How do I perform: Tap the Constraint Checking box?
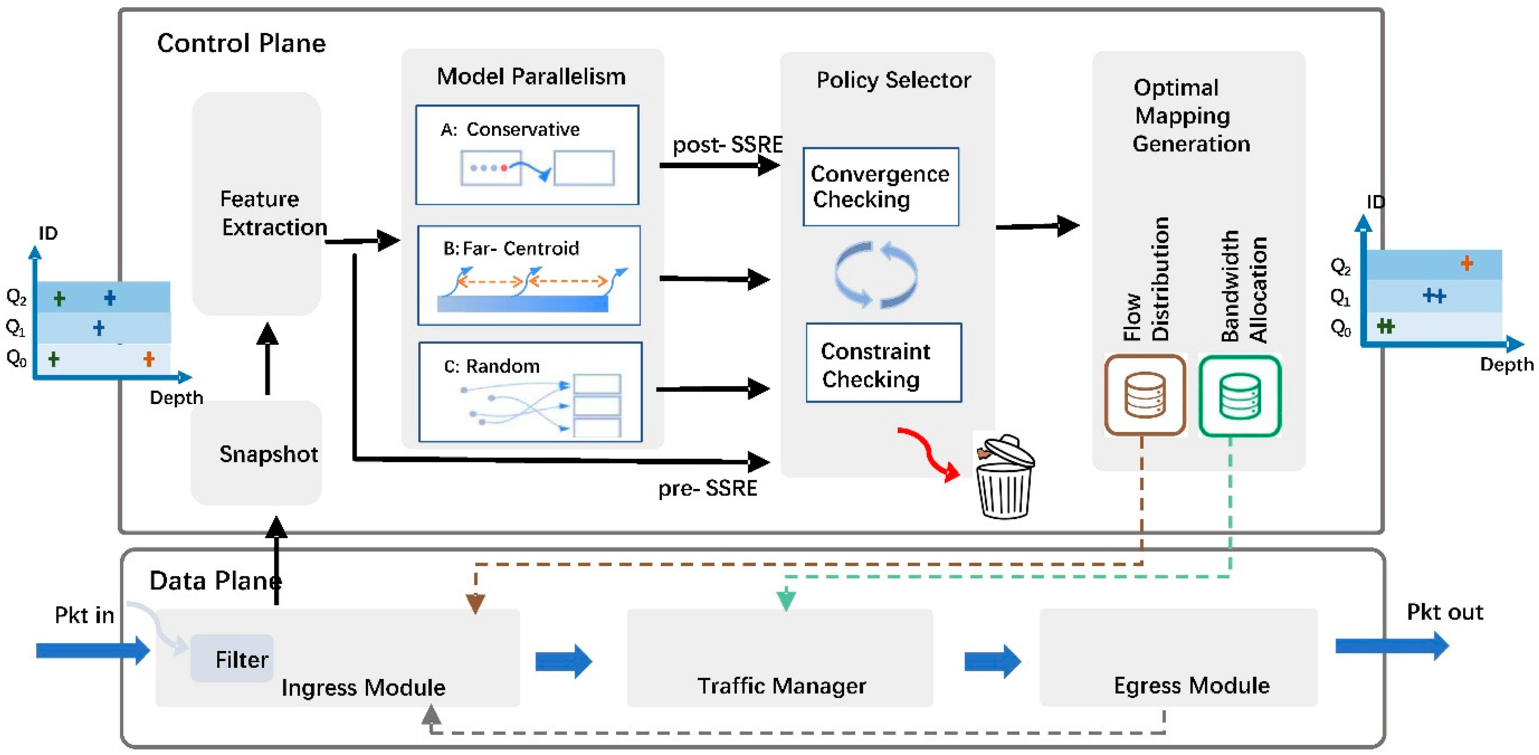click(883, 363)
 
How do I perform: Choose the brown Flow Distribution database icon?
click(1144, 395)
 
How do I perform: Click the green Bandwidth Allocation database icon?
click(1240, 396)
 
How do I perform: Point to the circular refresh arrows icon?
click(876, 275)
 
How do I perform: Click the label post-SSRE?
click(727, 145)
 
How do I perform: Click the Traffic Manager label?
click(781, 686)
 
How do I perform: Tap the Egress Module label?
click(1191, 685)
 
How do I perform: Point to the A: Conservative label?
click(509, 129)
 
